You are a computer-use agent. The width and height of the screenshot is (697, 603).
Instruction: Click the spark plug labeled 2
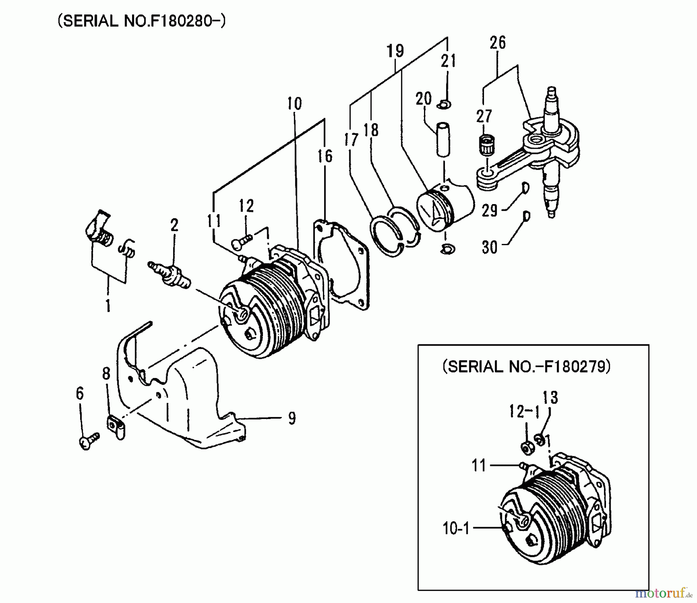point(169,274)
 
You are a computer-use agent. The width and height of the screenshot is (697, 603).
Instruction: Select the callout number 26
point(498,43)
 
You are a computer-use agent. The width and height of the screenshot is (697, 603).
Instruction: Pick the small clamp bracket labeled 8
point(116,427)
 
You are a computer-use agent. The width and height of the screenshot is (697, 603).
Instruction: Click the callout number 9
point(292,418)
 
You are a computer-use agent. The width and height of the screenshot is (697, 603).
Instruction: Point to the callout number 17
point(351,140)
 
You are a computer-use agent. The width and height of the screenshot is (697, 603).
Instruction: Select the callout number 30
point(489,247)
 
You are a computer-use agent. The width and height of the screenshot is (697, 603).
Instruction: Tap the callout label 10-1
point(456,528)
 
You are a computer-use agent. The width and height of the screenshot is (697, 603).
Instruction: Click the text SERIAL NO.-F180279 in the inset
point(527,366)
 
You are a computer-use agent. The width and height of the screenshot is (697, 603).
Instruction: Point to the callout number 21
point(448,61)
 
